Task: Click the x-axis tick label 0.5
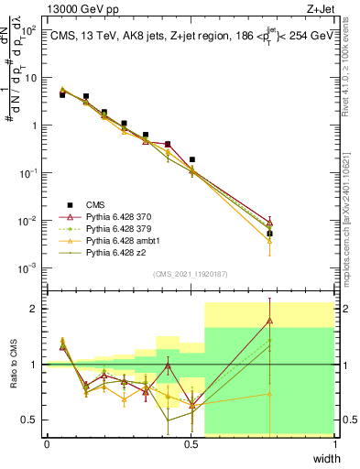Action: [191, 444]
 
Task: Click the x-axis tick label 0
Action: [47, 444]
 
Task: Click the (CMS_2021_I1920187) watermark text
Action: [191, 274]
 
